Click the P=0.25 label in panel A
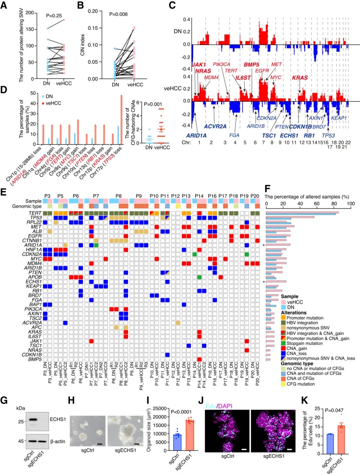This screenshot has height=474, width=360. [54, 16]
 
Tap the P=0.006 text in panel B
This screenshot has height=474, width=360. [118, 14]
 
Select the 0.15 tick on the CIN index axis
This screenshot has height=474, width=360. [93, 28]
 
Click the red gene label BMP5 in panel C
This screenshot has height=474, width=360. [251, 65]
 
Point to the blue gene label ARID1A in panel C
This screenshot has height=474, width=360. [196, 136]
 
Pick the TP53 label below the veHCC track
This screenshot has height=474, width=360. [328, 136]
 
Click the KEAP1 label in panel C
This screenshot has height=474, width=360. [339, 118]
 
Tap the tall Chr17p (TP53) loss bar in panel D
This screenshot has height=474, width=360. [121, 120]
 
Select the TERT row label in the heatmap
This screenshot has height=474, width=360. [35, 213]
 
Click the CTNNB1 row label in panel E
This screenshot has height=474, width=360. [32, 240]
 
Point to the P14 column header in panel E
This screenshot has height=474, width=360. [199, 196]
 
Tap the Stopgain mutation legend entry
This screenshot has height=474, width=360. [304, 343]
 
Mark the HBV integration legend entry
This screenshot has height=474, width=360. [302, 323]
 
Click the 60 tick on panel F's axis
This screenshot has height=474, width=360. [317, 204]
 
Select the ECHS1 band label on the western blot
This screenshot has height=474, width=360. [58, 419]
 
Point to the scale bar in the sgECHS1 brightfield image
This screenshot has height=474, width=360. [137, 444]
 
